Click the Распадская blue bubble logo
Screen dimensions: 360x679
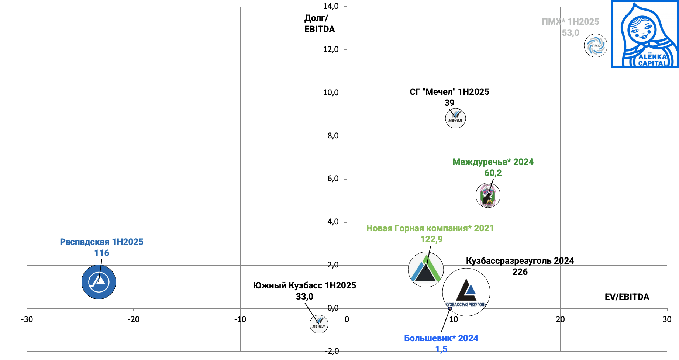click(99, 282)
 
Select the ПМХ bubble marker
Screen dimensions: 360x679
click(596, 46)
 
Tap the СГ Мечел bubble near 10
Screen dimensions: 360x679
click(455, 118)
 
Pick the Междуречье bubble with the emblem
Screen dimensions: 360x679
click(488, 195)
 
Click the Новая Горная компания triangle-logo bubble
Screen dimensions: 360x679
click(426, 270)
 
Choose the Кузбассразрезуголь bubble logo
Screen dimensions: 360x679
click(466, 292)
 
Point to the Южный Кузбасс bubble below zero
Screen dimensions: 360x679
click(318, 324)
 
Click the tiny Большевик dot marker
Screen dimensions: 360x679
click(450, 309)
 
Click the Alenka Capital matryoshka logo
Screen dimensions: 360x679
click(645, 34)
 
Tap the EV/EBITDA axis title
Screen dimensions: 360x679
click(627, 297)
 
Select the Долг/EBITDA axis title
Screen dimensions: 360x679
click(319, 24)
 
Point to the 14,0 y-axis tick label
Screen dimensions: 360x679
click(331, 6)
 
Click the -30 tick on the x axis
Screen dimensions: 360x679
click(27, 319)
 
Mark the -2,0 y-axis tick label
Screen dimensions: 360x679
click(332, 351)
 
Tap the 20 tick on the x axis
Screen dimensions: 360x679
click(560, 319)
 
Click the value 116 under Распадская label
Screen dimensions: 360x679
click(101, 253)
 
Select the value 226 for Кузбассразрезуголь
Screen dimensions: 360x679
click(520, 272)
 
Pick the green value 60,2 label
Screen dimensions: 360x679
click(493, 173)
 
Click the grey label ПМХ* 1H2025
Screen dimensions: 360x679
click(570, 22)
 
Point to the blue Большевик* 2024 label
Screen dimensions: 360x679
click(441, 338)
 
